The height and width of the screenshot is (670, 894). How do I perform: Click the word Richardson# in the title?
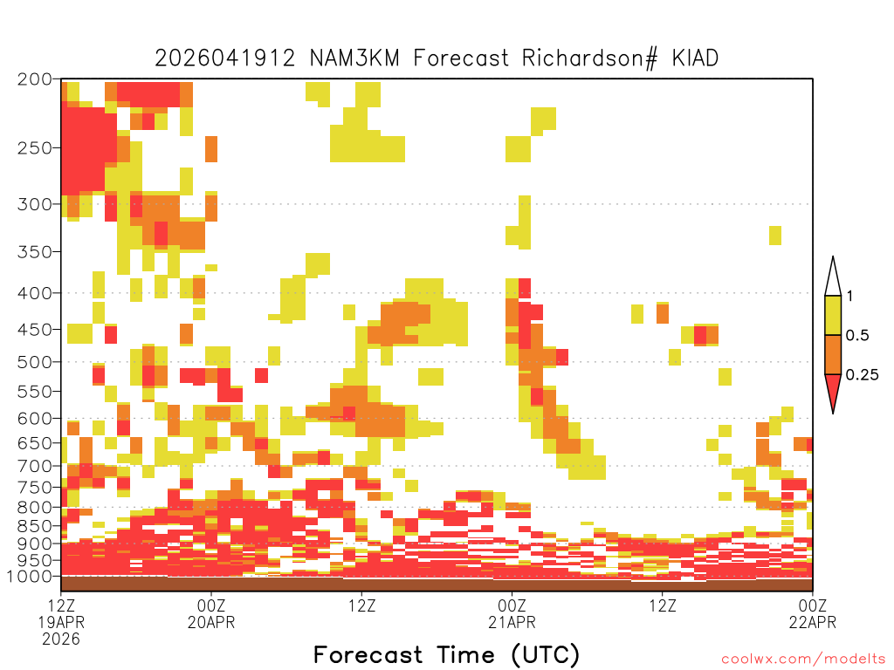(589, 58)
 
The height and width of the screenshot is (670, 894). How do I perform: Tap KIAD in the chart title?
(695, 58)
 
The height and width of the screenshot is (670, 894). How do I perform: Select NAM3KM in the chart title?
(354, 58)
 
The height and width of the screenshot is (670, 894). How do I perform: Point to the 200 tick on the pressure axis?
(34, 79)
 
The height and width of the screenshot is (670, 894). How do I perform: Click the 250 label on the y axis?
(34, 148)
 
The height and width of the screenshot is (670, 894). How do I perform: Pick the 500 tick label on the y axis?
(34, 362)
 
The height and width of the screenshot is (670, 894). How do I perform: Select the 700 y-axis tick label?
(34, 467)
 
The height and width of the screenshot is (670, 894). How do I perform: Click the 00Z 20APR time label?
(211, 613)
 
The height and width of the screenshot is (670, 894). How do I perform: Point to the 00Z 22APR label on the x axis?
(813, 613)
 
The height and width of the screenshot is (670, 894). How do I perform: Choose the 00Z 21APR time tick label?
(512, 613)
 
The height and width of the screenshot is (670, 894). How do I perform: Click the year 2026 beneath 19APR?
(61, 639)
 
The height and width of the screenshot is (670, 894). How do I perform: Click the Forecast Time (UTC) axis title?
(446, 655)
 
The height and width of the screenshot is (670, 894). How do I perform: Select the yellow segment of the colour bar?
(833, 315)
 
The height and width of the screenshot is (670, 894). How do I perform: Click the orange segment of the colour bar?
(833, 354)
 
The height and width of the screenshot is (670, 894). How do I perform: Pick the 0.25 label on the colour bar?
(862, 375)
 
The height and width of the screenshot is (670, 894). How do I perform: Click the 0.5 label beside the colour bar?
(857, 336)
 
